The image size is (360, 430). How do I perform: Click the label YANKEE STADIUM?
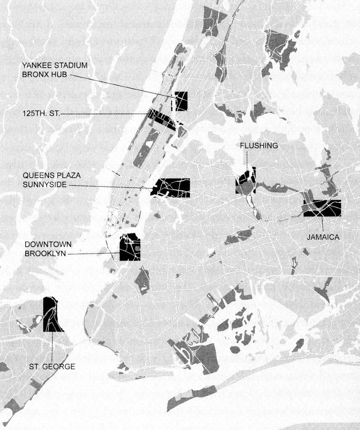point(55,66)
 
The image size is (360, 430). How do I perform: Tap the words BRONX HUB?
point(45,74)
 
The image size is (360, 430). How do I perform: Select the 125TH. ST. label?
point(41,113)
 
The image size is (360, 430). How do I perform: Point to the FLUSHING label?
point(259,146)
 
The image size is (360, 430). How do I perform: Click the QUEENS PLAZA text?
point(52,175)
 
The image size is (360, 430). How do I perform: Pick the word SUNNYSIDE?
point(45,185)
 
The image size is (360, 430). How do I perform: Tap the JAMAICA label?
point(323,237)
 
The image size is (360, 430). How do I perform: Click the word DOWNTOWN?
point(48,244)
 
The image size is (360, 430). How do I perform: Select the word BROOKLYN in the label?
point(45,254)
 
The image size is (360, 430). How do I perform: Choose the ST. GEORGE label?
point(52,366)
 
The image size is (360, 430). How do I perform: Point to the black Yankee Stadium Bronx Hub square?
point(181,101)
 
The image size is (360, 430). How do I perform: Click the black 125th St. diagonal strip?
point(162,120)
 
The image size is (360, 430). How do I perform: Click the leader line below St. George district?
point(52,347)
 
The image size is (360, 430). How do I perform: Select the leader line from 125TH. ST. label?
point(104,114)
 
